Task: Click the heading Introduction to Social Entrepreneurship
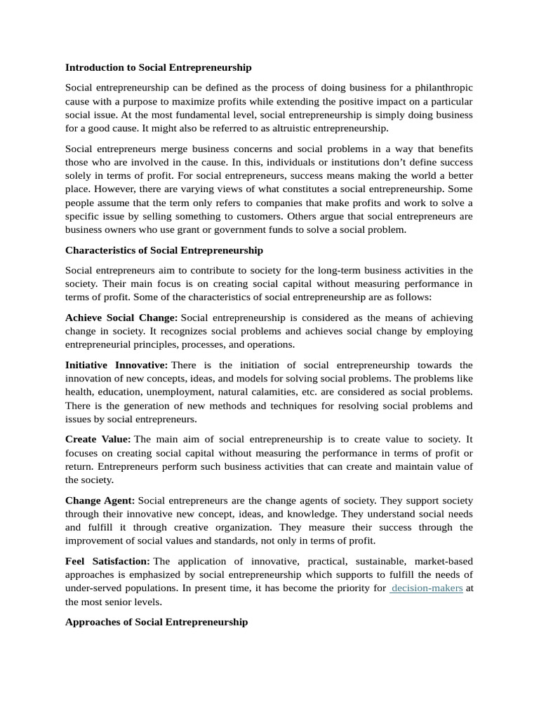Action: pos(158,67)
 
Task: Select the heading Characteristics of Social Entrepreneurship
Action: pos(164,250)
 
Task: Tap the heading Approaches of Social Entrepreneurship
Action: pos(156,622)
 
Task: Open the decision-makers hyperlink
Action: pos(427,588)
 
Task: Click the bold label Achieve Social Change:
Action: pos(121,318)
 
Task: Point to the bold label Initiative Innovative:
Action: pos(116,365)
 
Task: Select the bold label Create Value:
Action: pos(98,439)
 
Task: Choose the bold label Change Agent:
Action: pos(100,500)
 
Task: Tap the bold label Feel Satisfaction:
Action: pos(107,561)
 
